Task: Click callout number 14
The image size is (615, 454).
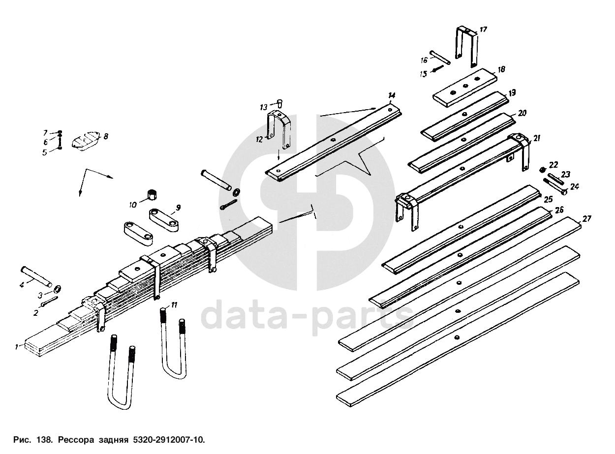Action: (392, 95)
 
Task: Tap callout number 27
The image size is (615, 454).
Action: (587, 218)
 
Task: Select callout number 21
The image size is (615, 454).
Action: (537, 139)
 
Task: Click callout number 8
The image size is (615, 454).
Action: (106, 135)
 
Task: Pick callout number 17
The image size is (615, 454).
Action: (484, 30)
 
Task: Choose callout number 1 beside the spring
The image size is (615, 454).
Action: (16, 347)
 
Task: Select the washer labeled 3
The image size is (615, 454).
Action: (57, 288)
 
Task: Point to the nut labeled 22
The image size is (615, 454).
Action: (542, 170)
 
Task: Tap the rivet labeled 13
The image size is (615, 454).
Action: (279, 103)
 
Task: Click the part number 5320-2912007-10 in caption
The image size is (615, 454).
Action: (169, 439)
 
